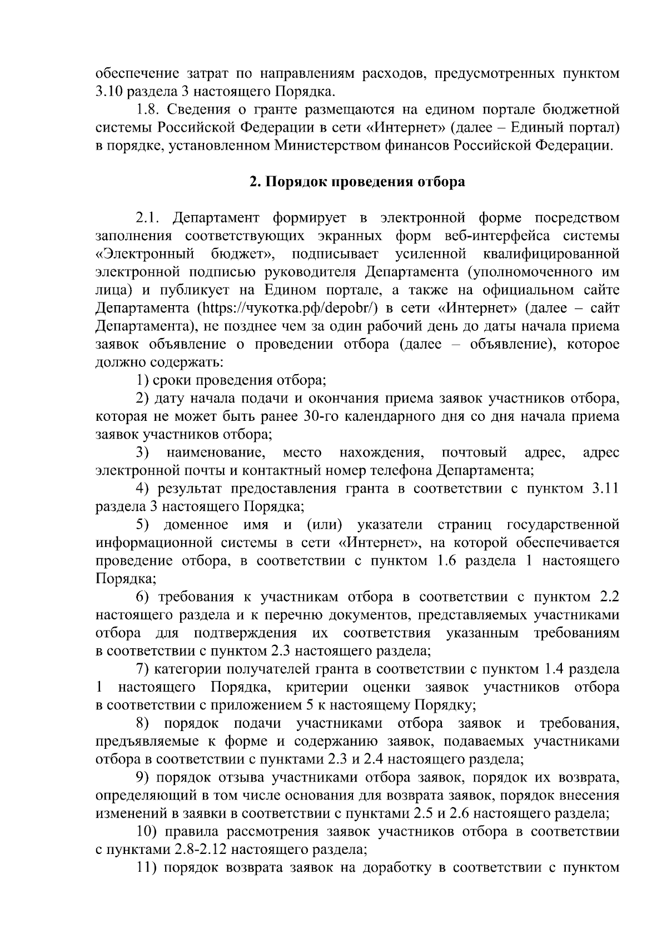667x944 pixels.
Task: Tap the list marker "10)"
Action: pyautogui.click(x=148, y=832)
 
